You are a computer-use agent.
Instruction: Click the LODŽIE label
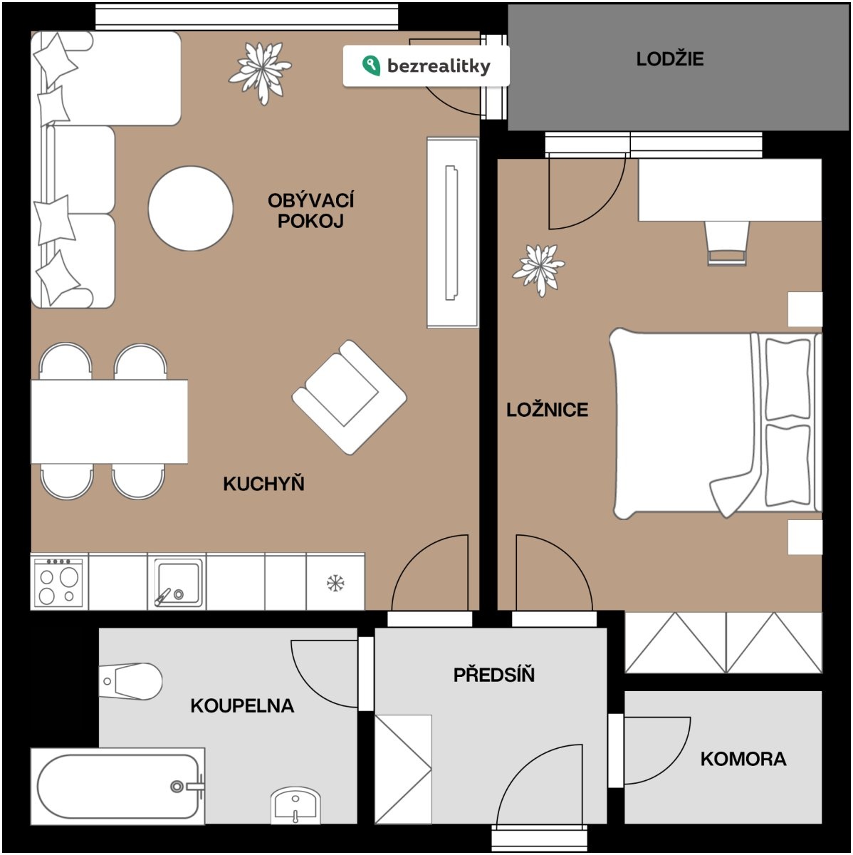pos(670,59)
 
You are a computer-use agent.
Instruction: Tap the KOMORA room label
pos(743,759)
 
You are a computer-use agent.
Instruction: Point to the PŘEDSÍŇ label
pos(493,675)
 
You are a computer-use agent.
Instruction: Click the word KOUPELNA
pos(242,706)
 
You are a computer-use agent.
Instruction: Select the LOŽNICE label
pos(548,410)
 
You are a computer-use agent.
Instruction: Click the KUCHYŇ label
pos(264,483)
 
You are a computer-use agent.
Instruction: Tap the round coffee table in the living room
pos(190,209)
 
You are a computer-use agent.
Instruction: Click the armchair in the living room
pos(349,398)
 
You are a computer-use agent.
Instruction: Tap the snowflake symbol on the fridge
pos(335,583)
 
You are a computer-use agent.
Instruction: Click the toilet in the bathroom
pos(130,682)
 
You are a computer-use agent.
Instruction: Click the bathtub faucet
pos(188,786)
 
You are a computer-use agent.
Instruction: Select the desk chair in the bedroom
pos(726,244)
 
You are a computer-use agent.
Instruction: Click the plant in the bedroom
pos(538,269)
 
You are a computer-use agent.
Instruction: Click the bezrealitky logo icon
pos(371,66)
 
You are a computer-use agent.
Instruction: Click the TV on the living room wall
pos(451,233)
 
